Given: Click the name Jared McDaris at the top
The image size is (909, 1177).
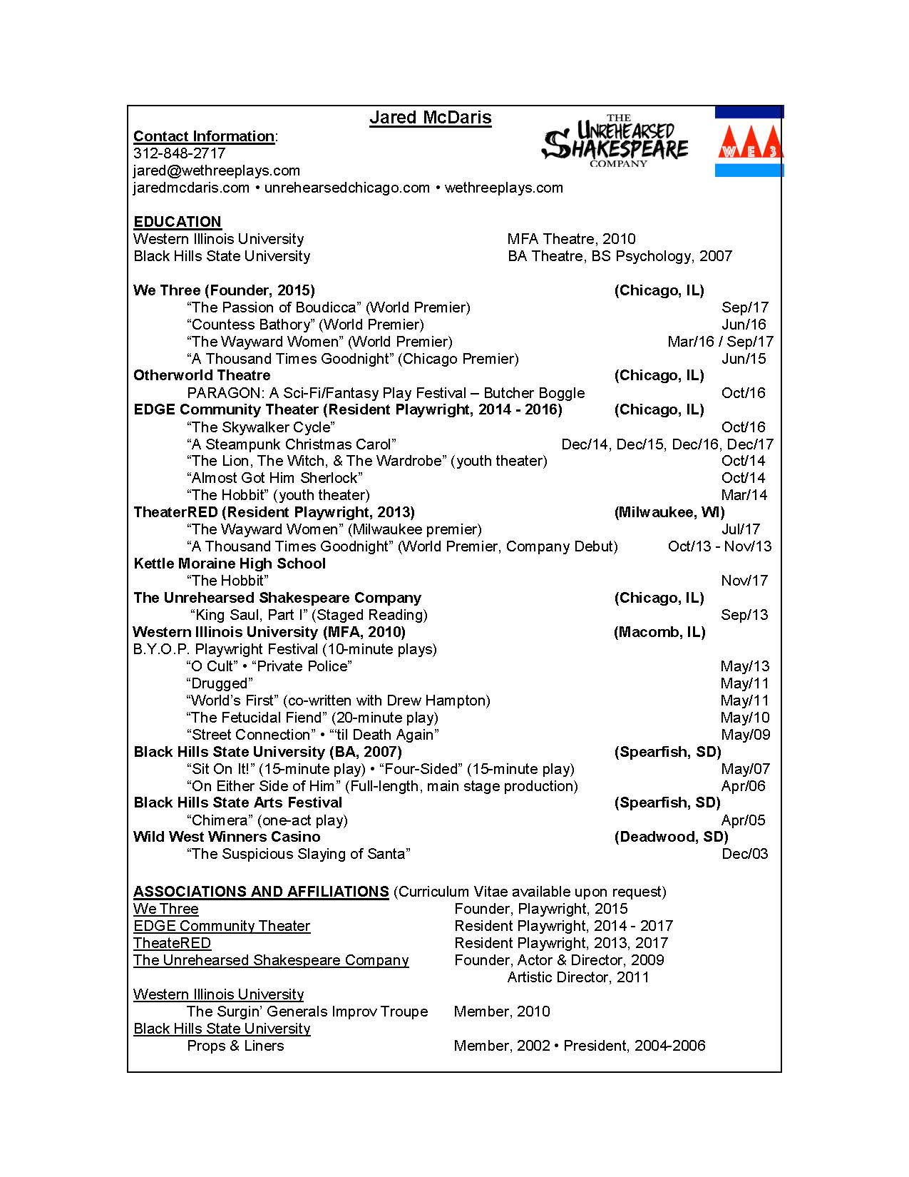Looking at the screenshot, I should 430,118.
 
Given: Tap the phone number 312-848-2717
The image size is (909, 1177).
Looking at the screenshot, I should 179,153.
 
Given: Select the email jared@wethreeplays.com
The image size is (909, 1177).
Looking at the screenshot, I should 217,170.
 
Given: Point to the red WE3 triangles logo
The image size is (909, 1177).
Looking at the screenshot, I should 749,143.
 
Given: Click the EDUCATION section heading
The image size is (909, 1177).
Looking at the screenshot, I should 178,222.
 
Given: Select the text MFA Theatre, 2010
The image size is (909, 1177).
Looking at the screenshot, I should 571,239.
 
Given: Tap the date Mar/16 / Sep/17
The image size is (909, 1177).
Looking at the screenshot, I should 720,342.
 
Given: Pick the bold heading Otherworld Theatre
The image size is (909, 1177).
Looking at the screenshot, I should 202,375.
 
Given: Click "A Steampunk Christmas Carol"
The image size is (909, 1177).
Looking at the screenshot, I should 291,444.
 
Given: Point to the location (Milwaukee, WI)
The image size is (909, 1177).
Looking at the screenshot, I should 669,512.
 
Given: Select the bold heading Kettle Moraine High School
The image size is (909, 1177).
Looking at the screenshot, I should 230,564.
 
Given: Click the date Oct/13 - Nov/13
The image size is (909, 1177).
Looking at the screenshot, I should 719,546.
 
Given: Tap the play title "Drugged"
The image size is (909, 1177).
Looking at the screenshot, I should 220,683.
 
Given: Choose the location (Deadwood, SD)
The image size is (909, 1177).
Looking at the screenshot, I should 671,837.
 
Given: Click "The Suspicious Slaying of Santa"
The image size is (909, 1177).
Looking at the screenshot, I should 299,854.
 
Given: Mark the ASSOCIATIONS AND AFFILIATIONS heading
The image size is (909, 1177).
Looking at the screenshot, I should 261,892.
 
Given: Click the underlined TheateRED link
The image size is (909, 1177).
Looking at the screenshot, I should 172,943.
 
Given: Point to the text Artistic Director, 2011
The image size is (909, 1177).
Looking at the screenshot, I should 578,977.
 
